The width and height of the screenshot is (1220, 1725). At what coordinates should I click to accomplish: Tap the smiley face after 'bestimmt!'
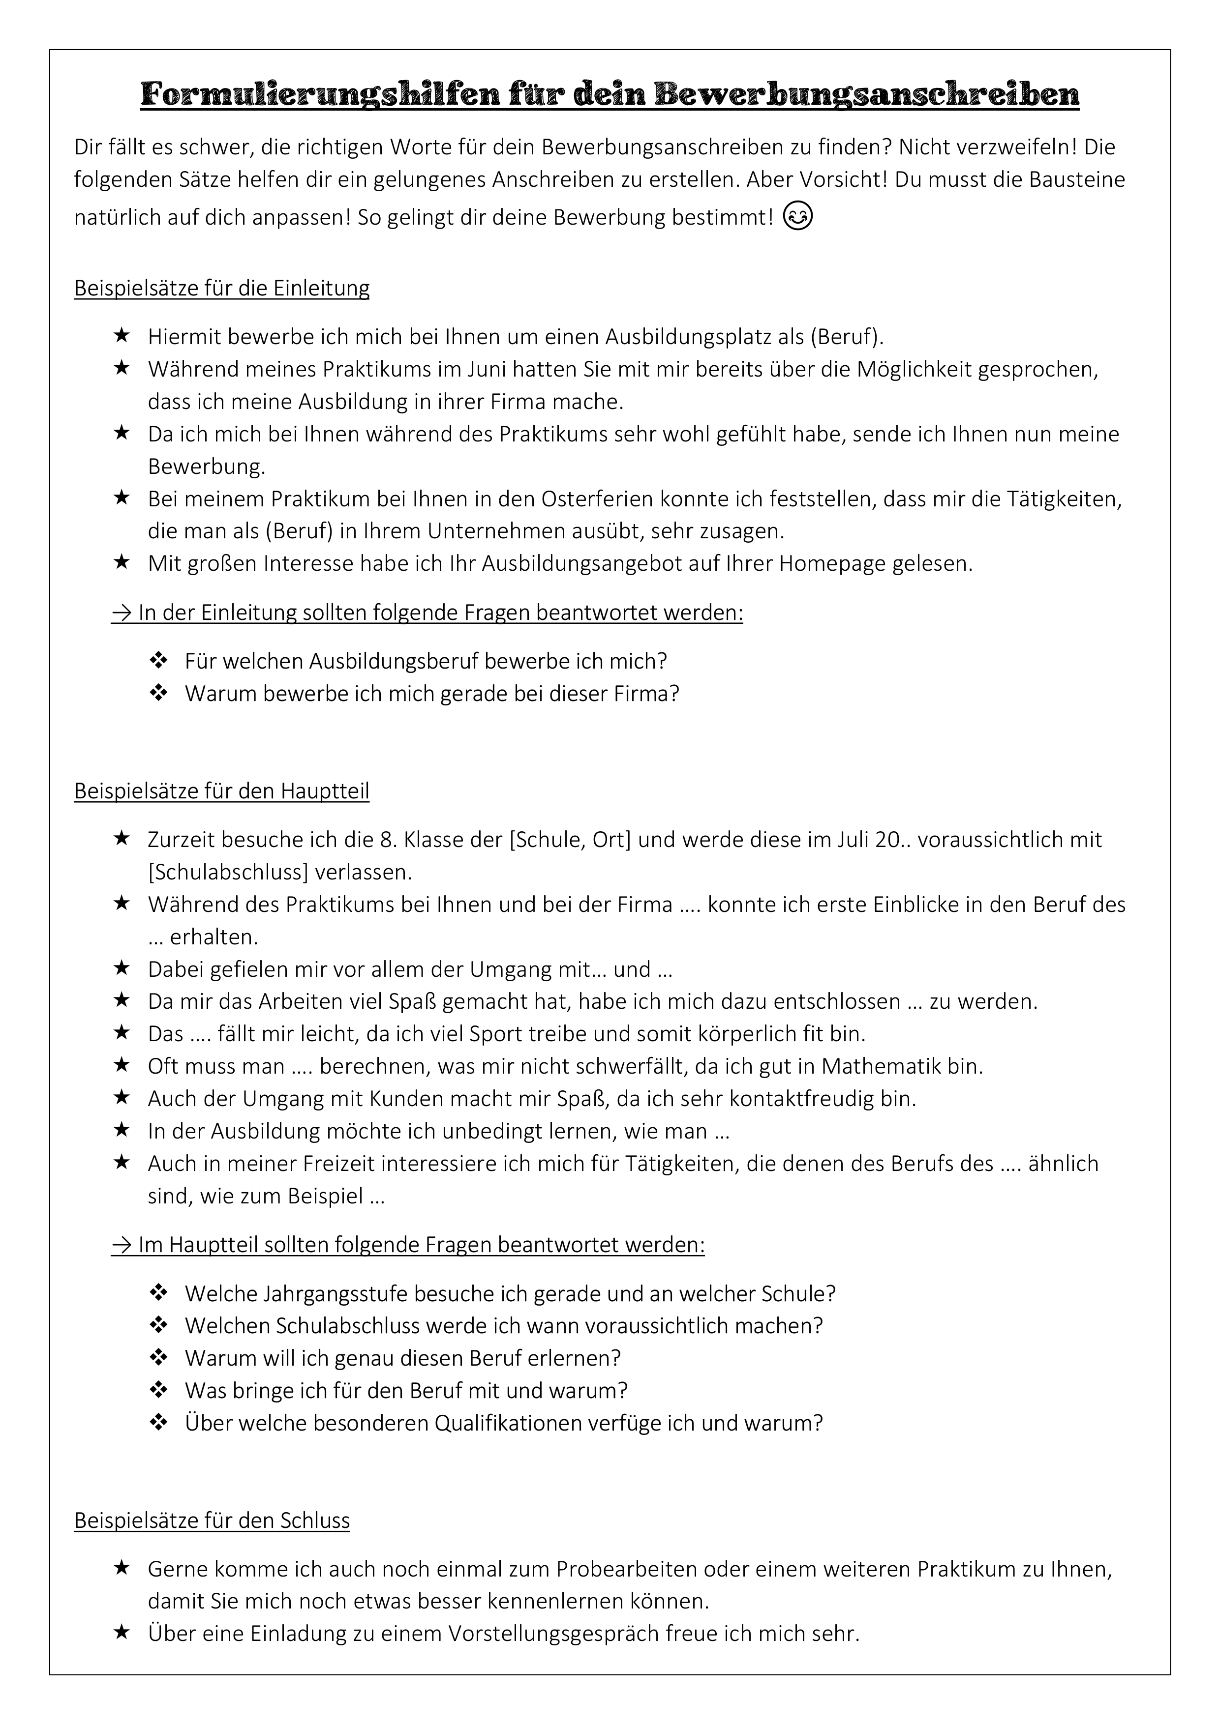coord(797,216)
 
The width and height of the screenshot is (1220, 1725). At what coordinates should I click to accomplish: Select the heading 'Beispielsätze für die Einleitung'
coord(222,289)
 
